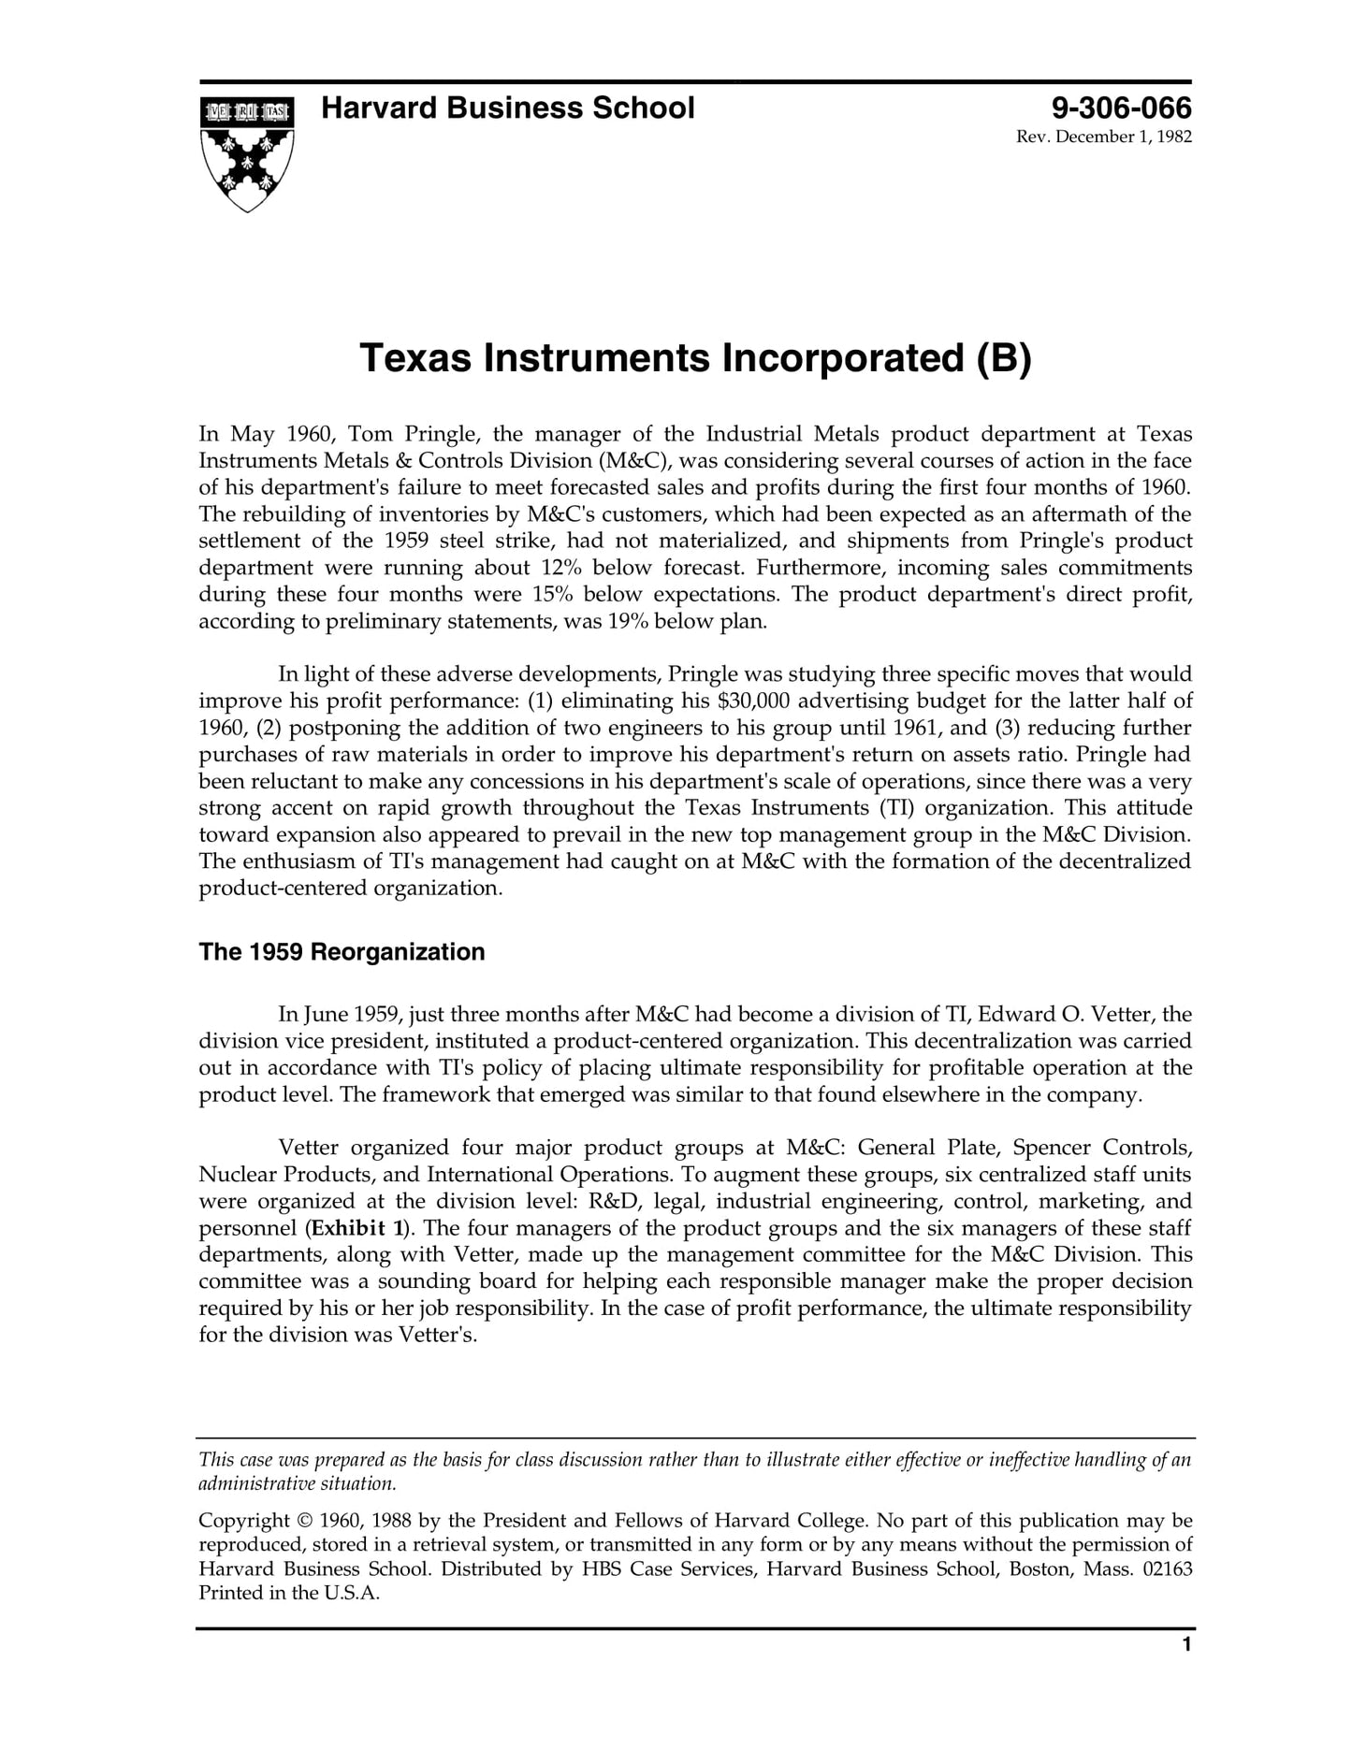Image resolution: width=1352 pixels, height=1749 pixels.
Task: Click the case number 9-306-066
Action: pos(1121,108)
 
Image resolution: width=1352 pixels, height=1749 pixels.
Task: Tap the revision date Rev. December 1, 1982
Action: pos(1103,137)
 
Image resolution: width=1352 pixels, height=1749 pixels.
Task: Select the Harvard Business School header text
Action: pos(507,108)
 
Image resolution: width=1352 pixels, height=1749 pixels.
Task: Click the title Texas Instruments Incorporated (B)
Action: pos(694,359)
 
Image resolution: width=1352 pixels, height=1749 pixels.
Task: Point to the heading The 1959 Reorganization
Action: pos(342,952)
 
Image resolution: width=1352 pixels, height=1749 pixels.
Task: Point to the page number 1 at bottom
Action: pos(1186,1671)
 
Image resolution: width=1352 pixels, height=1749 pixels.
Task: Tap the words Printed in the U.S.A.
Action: pos(289,1594)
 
